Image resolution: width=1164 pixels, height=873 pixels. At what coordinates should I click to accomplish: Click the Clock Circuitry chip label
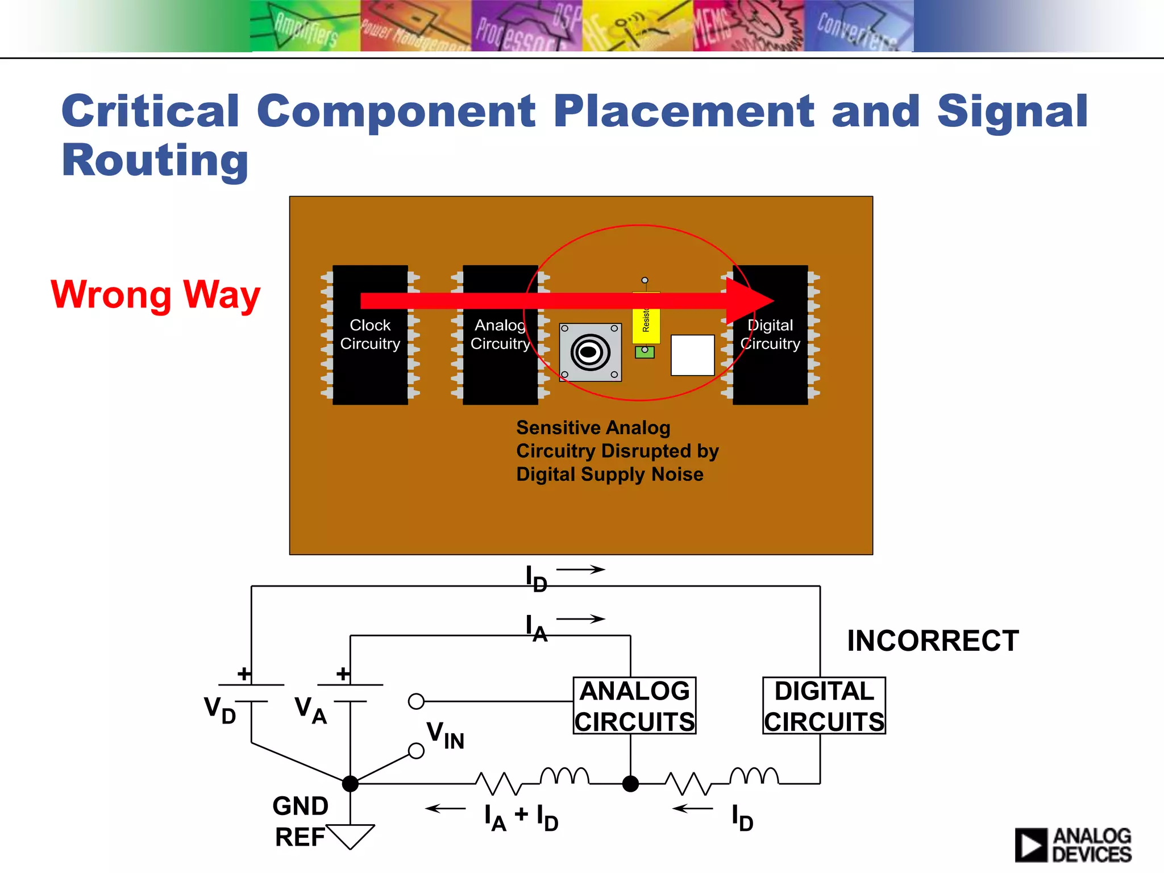370,334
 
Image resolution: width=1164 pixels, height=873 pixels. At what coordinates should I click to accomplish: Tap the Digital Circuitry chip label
770,334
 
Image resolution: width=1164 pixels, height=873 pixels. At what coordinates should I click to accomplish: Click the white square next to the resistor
692,355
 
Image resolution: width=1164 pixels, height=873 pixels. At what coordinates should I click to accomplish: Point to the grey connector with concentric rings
591,352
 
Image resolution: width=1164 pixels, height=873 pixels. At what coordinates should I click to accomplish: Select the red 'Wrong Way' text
155,295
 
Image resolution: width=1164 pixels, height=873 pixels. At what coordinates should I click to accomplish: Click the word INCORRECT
933,641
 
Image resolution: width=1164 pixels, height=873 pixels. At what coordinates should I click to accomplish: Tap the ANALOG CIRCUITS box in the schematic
634,706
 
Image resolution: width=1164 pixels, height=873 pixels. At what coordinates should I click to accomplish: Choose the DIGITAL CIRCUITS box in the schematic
824,706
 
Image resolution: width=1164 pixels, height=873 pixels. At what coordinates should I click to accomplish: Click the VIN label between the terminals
446,734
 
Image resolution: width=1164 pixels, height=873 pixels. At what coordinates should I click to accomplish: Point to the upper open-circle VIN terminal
416,701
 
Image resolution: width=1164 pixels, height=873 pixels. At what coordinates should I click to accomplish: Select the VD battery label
220,710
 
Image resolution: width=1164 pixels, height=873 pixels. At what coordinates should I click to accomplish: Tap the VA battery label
310,710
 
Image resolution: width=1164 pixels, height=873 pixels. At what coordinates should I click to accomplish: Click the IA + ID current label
521,817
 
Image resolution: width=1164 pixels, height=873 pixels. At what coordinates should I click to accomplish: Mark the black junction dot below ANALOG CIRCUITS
630,784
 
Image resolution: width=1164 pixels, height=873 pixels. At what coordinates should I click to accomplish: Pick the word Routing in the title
155,161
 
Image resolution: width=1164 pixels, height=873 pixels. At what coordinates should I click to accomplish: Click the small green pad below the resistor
645,352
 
